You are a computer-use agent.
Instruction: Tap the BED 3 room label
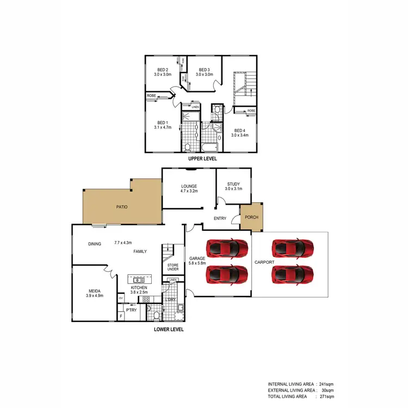coord(204,70)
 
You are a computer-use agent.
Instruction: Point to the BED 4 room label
coord(239,130)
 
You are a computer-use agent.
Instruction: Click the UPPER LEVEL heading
coord(202,159)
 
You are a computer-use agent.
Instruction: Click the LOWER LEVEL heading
coord(169,329)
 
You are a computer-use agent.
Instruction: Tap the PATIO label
coord(122,207)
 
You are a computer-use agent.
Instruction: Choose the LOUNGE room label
coord(189,186)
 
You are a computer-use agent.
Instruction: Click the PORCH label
coord(252,217)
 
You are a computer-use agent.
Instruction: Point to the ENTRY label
coord(219,219)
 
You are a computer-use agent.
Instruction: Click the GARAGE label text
coord(196,258)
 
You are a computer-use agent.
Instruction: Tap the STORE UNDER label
coord(173,267)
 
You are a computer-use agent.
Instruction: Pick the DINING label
coord(95,244)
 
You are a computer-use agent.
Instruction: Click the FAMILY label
coord(140,251)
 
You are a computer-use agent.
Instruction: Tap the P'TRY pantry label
coord(131,310)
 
